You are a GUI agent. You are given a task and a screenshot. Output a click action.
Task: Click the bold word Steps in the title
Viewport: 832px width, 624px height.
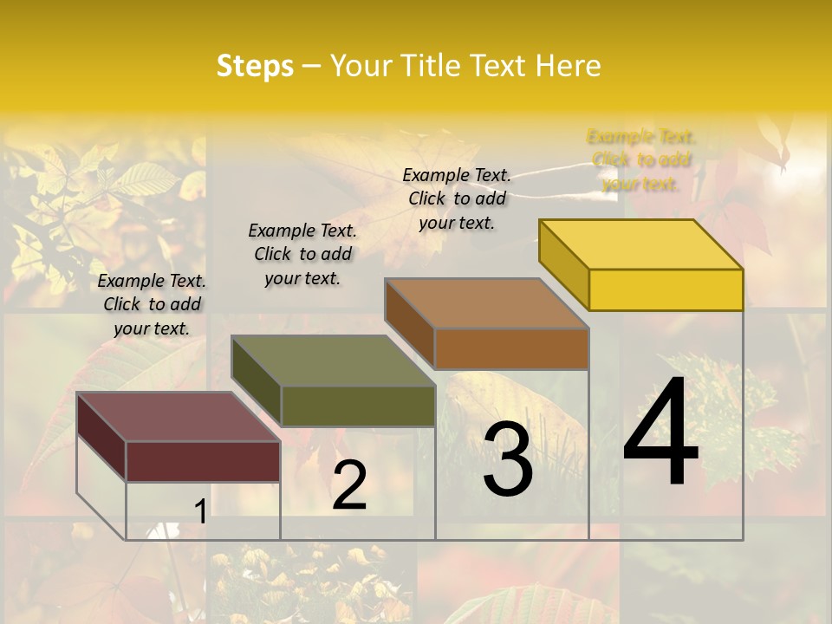pyautogui.click(x=255, y=66)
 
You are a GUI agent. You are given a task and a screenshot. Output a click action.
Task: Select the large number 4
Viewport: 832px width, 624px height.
pyautogui.click(x=660, y=433)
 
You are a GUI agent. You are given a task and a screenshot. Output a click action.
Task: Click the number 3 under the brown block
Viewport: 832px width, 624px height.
pyautogui.click(x=507, y=458)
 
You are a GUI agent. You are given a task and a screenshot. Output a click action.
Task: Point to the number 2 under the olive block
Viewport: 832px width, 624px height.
pyautogui.click(x=349, y=485)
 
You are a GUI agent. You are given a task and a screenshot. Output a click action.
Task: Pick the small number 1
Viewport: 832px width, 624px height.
pyautogui.click(x=200, y=512)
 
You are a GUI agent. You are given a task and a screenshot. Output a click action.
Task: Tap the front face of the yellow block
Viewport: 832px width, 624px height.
pyautogui.click(x=666, y=289)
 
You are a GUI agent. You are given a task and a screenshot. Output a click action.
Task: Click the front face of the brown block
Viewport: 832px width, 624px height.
pyautogui.click(x=511, y=348)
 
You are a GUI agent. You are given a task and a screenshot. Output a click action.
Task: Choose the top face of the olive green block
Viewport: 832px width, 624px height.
pyautogui.click(x=333, y=361)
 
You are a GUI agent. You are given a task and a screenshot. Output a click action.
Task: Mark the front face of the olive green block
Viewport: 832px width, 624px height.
pyautogui.click(x=357, y=406)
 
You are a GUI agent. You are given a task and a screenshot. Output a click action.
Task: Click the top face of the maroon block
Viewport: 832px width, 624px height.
pyautogui.click(x=179, y=417)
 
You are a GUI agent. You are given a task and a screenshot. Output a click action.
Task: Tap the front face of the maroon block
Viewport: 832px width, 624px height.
pyautogui.click(x=203, y=461)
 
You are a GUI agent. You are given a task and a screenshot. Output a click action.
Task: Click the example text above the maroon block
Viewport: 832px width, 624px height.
pyautogui.click(x=152, y=304)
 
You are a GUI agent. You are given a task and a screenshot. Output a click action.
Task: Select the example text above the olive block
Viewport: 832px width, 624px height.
pyautogui.click(x=302, y=254)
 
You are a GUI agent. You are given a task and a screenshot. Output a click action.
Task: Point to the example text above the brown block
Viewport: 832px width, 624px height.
pyautogui.click(x=457, y=198)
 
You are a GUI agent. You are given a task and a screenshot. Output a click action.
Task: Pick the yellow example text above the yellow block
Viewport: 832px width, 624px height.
pyautogui.click(x=641, y=159)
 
